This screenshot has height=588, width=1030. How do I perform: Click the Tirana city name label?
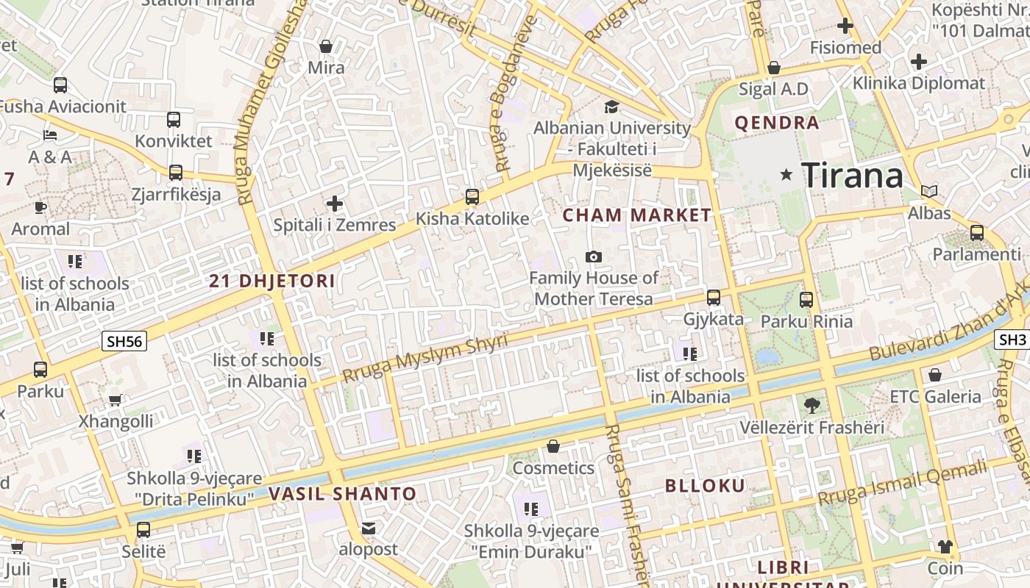tap(852, 176)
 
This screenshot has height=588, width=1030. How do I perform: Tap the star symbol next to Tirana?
tap(786, 175)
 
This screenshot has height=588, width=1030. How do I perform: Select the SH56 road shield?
tap(125, 341)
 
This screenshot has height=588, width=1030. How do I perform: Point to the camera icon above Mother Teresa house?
tap(593, 257)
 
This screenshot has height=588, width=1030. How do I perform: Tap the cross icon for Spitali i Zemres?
tap(335, 203)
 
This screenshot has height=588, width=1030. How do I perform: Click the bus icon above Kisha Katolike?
tap(472, 197)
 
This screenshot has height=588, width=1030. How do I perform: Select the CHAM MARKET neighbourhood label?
tap(637, 215)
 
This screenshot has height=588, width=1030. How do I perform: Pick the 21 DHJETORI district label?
tap(271, 281)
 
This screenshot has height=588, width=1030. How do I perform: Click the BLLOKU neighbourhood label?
tap(705, 486)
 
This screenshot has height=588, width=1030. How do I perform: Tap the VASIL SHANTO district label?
tap(342, 494)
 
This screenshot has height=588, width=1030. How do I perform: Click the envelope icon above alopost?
tap(368, 528)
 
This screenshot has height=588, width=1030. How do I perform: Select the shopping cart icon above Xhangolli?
tap(116, 401)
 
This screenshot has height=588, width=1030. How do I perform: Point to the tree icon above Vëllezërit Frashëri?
tap(811, 406)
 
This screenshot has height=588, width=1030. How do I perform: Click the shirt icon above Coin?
tap(945, 547)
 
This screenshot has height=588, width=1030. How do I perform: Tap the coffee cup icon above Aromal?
tap(40, 207)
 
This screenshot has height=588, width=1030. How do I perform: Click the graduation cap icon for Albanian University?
tap(611, 107)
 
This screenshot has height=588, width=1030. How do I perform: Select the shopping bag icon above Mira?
tap(326, 46)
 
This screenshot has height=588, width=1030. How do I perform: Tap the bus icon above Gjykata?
tap(714, 298)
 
